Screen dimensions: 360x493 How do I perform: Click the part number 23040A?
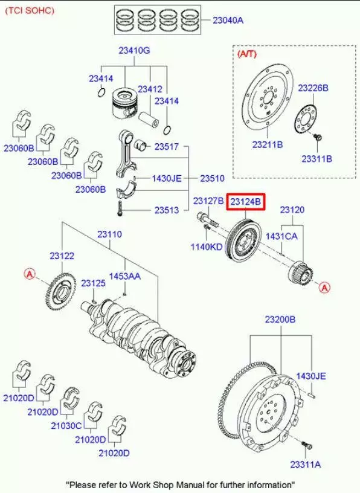pyautogui.click(x=228, y=21)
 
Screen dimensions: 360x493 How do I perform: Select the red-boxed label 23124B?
pyautogui.click(x=246, y=202)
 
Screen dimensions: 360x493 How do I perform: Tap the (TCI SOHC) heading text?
pyautogui.click(x=29, y=10)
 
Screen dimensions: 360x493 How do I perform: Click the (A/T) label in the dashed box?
pyautogui.click(x=247, y=54)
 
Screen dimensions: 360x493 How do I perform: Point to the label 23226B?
pyautogui.click(x=313, y=88)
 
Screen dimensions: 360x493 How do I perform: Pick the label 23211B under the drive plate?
pyautogui.click(x=267, y=144)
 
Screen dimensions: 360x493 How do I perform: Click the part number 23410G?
pyautogui.click(x=134, y=50)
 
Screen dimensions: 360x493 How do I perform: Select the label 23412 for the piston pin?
pyautogui.click(x=150, y=89)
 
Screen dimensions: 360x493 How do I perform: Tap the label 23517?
pyautogui.click(x=166, y=147)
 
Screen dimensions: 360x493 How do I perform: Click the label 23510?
pyautogui.click(x=212, y=179)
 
